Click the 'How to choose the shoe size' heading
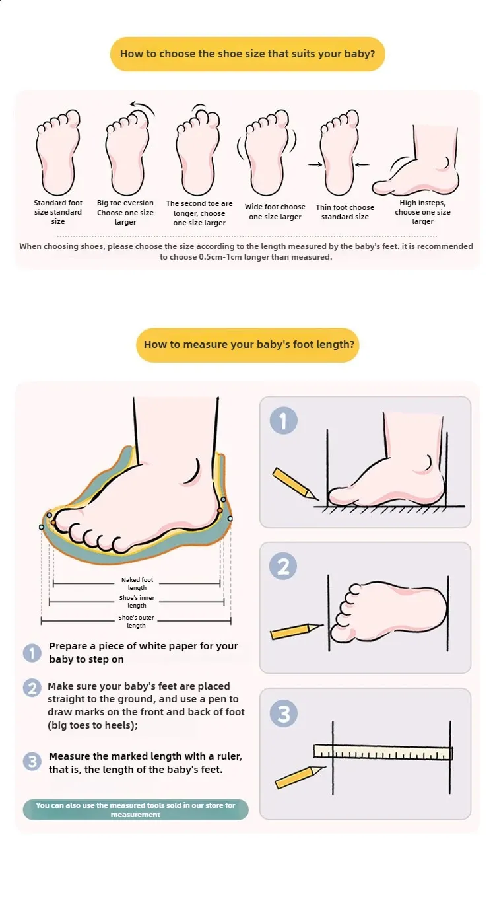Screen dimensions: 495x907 click(x=247, y=54)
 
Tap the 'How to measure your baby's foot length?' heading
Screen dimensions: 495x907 click(x=248, y=345)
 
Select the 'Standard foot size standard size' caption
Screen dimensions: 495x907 click(x=58, y=212)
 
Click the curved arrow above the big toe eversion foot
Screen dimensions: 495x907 click(x=143, y=106)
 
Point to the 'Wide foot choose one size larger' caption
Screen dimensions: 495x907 click(x=275, y=212)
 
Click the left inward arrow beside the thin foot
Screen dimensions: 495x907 click(x=315, y=164)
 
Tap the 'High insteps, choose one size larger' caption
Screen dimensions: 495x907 click(x=422, y=212)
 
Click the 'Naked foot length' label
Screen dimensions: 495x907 click(x=137, y=583)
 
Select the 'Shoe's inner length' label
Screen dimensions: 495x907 click(x=137, y=601)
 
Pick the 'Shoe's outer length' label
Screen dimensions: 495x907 click(x=136, y=621)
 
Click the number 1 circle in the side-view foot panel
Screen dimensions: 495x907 click(x=284, y=421)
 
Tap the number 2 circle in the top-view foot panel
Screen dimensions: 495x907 click(x=283, y=566)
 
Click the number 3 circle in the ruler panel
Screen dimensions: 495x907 click(x=284, y=713)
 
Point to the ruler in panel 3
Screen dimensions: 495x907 click(x=383, y=752)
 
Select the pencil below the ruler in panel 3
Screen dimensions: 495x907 click(x=300, y=777)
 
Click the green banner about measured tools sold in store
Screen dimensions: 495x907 click(x=135, y=810)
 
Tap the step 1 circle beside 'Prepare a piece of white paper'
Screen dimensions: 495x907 click(x=32, y=653)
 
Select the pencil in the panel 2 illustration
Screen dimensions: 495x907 click(x=296, y=632)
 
